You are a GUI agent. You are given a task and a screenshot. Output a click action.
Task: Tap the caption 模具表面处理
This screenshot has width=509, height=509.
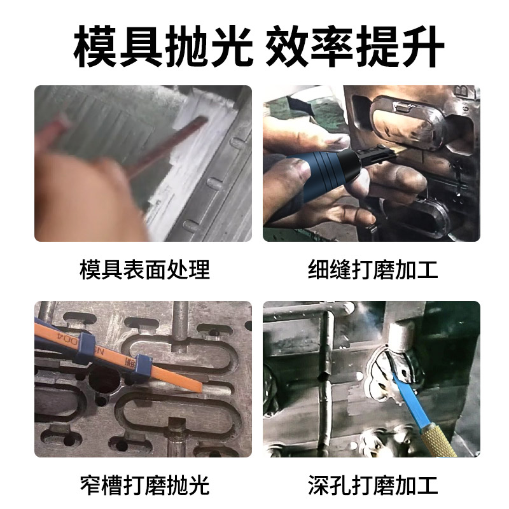[144, 269]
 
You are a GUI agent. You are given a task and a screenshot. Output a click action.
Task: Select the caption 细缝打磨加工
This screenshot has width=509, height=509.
[373, 269]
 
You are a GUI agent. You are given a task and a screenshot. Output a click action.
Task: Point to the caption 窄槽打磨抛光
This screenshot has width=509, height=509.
[144, 485]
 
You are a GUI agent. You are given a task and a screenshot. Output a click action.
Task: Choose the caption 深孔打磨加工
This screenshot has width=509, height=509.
[373, 485]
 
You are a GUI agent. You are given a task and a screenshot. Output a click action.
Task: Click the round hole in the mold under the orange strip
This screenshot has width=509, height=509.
[104, 380]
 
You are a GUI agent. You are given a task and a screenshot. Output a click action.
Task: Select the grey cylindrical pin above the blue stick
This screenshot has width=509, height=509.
[398, 334]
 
